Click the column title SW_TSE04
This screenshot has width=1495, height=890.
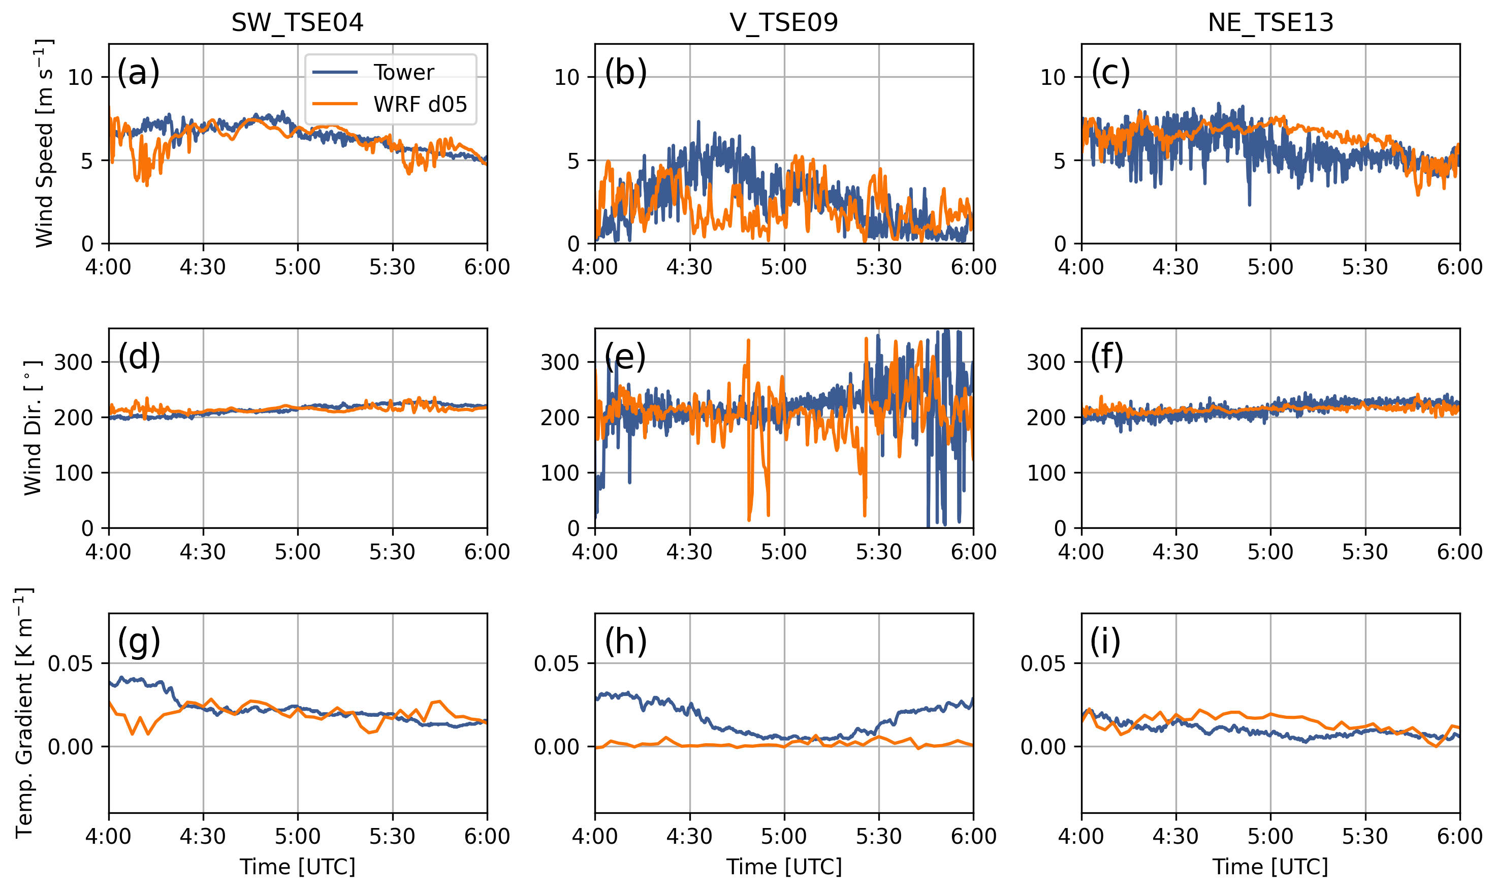[298, 23]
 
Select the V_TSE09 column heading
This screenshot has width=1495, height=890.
[784, 23]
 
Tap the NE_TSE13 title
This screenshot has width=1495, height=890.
[1270, 23]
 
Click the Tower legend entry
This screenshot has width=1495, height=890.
[403, 73]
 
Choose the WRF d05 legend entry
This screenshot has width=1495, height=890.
[420, 104]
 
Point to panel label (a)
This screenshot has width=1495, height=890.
[139, 73]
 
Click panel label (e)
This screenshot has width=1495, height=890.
[625, 358]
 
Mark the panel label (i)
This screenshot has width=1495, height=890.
[1105, 642]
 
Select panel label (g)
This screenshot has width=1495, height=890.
[139, 642]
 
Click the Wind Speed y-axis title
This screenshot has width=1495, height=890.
[43, 143]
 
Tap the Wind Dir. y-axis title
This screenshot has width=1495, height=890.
[33, 428]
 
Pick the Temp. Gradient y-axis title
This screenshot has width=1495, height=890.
[24, 713]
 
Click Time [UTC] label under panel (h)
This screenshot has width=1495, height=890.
[784, 867]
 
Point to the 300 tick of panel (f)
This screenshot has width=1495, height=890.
[1046, 362]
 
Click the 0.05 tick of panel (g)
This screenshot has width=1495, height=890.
[70, 664]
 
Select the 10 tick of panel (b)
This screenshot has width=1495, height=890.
[567, 77]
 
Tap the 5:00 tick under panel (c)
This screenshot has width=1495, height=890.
[1270, 267]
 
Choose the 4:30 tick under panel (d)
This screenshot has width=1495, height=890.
[203, 552]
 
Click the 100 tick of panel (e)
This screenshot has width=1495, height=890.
[559, 473]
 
